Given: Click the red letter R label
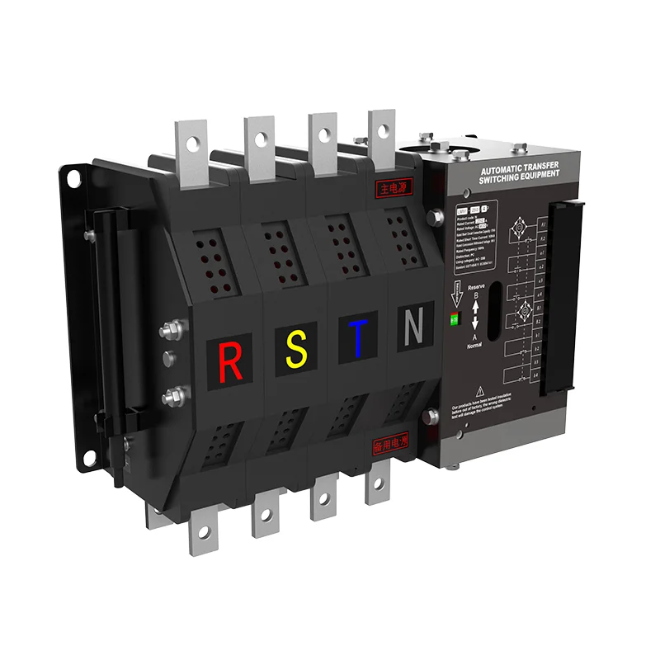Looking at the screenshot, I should click(x=231, y=359).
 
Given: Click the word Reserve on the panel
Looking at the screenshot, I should click(x=476, y=286).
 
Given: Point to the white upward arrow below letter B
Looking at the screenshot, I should click(x=475, y=307).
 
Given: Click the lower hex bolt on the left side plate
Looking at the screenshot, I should click(x=172, y=398).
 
